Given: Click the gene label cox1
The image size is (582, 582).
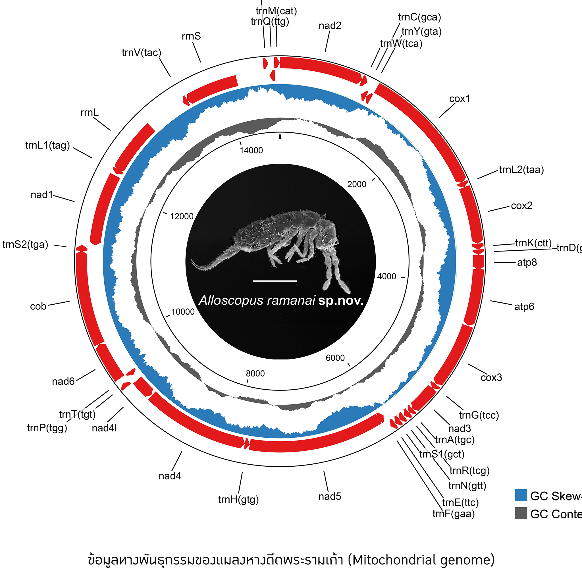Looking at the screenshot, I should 460,99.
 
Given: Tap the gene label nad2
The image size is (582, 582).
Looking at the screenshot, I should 330,26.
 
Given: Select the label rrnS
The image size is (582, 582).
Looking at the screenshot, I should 191,36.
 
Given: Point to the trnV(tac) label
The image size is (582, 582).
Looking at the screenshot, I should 142,53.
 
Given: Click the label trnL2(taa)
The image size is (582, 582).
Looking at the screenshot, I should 521,170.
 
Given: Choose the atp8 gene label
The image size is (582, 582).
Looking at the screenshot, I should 527,262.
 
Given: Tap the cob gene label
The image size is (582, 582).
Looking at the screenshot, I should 38,306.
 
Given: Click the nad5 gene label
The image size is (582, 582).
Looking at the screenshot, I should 330,496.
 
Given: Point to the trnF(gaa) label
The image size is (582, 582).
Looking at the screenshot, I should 453,514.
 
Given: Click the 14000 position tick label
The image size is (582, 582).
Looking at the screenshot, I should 251,150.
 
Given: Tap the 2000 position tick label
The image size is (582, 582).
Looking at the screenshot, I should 357,184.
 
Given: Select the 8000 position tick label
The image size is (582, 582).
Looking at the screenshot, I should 255,373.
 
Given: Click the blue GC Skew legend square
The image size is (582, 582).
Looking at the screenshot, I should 521,495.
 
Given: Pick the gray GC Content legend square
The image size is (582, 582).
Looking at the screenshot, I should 521,513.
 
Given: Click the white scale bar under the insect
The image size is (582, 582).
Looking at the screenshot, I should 275,281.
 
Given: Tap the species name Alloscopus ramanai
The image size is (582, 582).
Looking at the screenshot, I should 257,301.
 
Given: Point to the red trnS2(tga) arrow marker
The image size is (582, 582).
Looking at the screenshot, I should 81,248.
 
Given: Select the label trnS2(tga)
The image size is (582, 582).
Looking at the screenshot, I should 25,245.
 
